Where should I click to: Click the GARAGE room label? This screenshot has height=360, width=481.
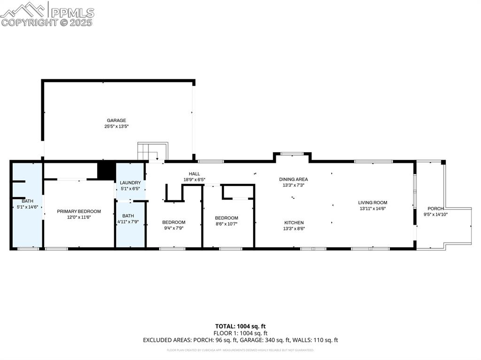pyautogui.click(x=116, y=121)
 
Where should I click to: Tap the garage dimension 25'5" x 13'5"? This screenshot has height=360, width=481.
pyautogui.click(x=116, y=126)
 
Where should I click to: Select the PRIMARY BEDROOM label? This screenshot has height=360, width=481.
pyautogui.click(x=79, y=212)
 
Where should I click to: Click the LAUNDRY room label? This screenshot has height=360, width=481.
pyautogui.click(x=130, y=183)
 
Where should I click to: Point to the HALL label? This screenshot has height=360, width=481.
pyautogui.click(x=194, y=174)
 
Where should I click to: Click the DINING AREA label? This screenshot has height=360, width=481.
pyautogui.click(x=293, y=179)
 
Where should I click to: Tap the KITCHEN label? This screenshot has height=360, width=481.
pyautogui.click(x=294, y=222)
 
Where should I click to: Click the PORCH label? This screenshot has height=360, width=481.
pyautogui.click(x=435, y=209)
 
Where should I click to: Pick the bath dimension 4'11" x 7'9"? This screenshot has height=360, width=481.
pyautogui.click(x=128, y=222)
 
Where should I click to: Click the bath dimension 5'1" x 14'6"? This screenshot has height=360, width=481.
pyautogui.click(x=27, y=207)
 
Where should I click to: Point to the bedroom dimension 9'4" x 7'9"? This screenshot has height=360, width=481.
pyautogui.click(x=174, y=228)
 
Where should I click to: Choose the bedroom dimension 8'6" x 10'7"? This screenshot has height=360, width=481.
pyautogui.click(x=226, y=224)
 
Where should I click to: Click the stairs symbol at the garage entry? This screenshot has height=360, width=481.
pyautogui.click(x=152, y=152)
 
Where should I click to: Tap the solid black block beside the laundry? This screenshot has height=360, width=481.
pyautogui.click(x=106, y=170)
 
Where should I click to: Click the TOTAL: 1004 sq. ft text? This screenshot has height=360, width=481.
pyautogui.click(x=240, y=326)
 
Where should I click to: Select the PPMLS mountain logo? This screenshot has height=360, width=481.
pyautogui.click(x=25, y=8)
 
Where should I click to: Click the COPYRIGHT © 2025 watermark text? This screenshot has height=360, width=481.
pyautogui.click(x=47, y=22)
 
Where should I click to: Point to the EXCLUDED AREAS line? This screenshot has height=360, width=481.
pyautogui.click(x=240, y=340)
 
